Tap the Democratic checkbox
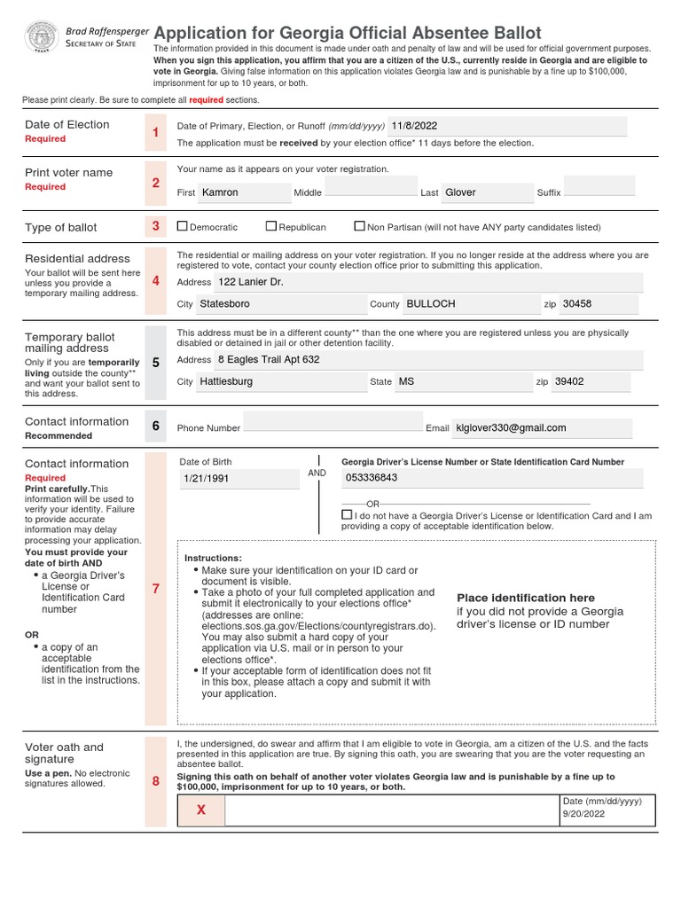(183, 226)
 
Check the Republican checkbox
(272, 226)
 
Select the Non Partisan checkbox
(359, 226)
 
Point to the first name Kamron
(220, 192)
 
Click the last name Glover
(460, 192)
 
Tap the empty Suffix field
(599, 186)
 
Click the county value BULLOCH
(430, 303)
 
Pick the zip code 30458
(577, 303)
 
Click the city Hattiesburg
(226, 381)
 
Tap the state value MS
(406, 381)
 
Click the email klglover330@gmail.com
(510, 427)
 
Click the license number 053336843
(372, 478)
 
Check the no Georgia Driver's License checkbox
(346, 514)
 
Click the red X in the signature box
(200, 810)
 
